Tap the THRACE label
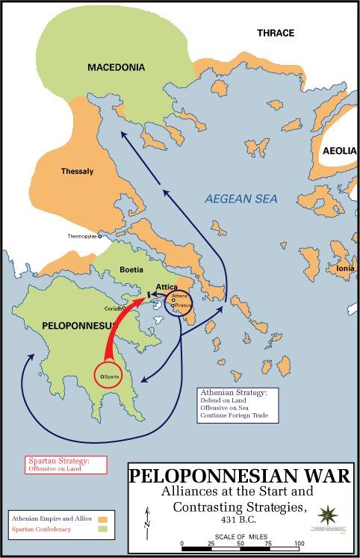pos(276,33)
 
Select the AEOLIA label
pos(339,151)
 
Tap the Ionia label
pos(345,268)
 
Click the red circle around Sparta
pos(110,376)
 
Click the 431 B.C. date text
pos(241,518)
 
